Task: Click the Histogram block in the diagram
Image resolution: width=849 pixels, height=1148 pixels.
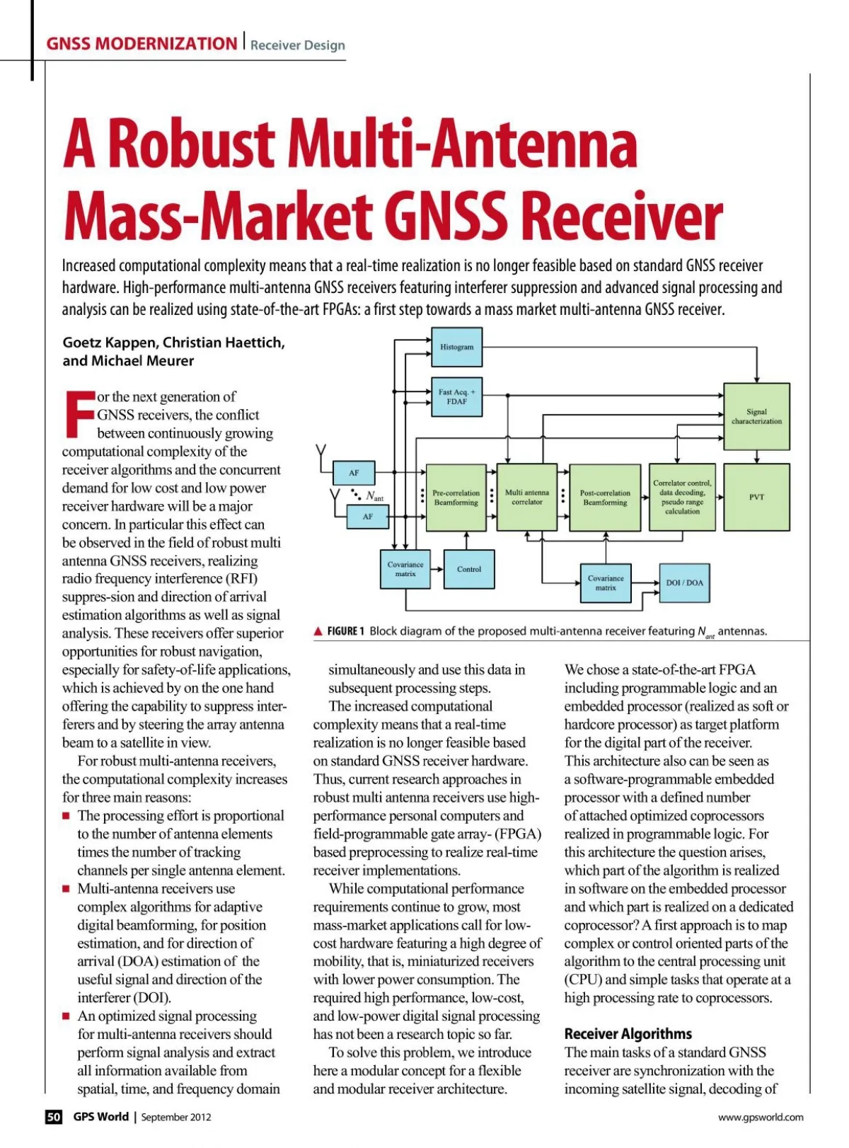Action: pyautogui.click(x=456, y=347)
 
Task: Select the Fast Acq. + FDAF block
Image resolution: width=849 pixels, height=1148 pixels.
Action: pyautogui.click(x=456, y=397)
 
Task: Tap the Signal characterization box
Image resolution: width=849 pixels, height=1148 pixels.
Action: pyautogui.click(x=756, y=416)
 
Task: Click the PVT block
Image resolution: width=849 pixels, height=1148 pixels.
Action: pyautogui.click(x=756, y=497)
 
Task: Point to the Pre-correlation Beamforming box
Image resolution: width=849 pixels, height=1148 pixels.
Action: pyautogui.click(x=456, y=498)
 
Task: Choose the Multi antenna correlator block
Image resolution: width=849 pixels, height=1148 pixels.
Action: pyautogui.click(x=527, y=497)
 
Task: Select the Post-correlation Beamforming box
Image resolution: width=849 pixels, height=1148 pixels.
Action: pyautogui.click(x=605, y=498)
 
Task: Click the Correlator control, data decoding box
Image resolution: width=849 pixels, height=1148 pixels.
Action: pyautogui.click(x=682, y=497)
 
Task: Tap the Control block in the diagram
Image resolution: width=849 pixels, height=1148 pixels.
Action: pyautogui.click(x=469, y=569)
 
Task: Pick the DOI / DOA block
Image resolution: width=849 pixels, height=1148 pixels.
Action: pyautogui.click(x=684, y=583)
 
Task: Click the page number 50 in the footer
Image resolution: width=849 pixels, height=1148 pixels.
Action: pyautogui.click(x=54, y=1117)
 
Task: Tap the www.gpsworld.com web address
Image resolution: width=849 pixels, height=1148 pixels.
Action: pyautogui.click(x=761, y=1118)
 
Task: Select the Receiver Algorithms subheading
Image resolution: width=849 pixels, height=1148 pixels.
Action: pyautogui.click(x=628, y=1033)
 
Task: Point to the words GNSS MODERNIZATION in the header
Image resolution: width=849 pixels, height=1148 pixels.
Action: pyautogui.click(x=141, y=44)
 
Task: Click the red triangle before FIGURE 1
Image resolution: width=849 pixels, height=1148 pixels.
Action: pyautogui.click(x=318, y=631)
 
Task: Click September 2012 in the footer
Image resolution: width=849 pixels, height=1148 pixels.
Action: pyautogui.click(x=176, y=1118)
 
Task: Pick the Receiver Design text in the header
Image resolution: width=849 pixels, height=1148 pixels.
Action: pyautogui.click(x=298, y=45)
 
